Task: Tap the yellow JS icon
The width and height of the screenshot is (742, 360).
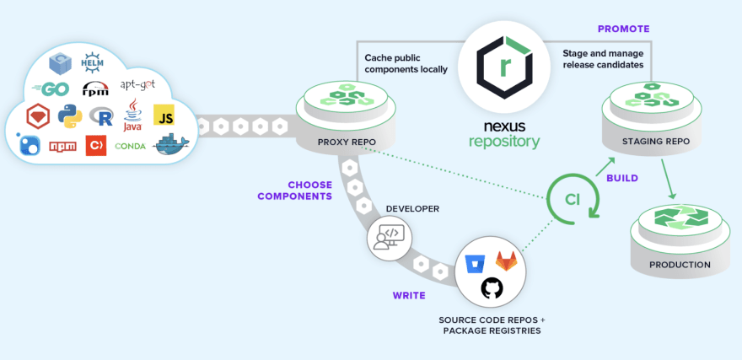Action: tap(164, 116)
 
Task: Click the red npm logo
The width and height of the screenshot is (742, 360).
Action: tap(63, 146)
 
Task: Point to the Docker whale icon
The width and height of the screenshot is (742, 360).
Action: tap(172, 144)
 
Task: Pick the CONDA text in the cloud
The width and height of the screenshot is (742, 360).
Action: tap(130, 146)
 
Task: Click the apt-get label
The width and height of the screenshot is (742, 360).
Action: tap(137, 85)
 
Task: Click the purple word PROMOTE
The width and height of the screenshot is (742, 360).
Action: tap(623, 29)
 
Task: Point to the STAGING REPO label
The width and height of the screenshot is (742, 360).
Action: tap(654, 141)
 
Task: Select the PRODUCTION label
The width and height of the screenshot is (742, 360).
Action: tap(680, 265)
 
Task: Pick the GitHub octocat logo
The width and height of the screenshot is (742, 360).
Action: tap(492, 289)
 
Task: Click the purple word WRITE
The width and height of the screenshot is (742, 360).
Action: tap(409, 295)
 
